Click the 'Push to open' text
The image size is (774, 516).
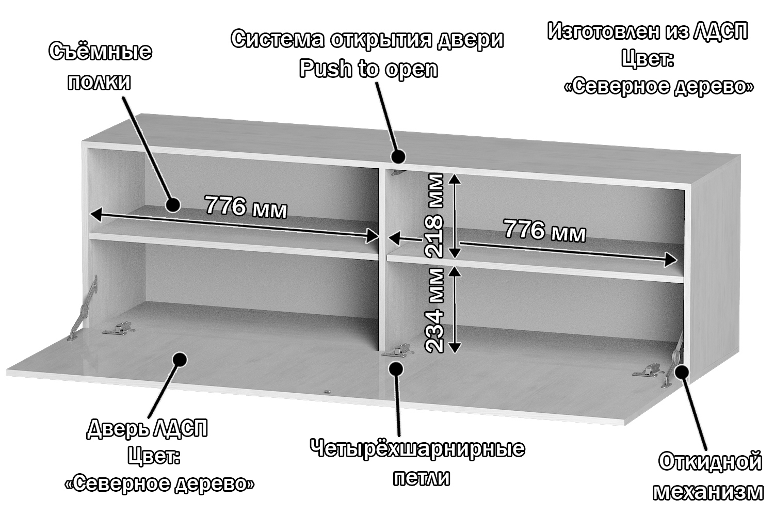click(368, 69)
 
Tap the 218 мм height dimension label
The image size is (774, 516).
click(434, 216)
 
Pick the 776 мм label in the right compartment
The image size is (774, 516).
click(544, 230)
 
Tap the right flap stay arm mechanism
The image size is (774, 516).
click(674, 359)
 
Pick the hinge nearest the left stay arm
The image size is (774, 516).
click(119, 329)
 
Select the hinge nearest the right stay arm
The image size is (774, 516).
click(648, 370)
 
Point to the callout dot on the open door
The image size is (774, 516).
click(180, 359)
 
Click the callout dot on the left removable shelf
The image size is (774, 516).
click(172, 205)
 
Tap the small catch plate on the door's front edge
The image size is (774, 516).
click(326, 392)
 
